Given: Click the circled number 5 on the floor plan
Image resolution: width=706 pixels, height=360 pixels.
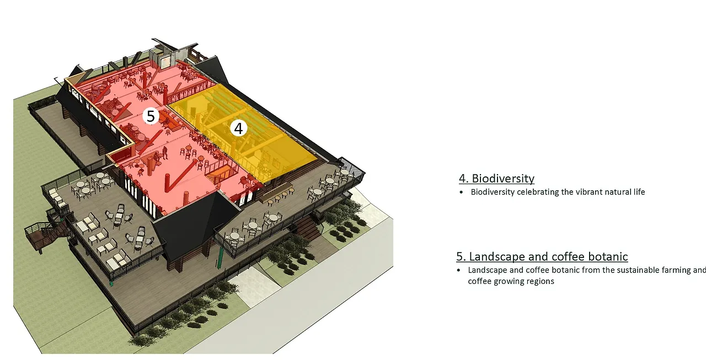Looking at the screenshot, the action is tap(151, 116).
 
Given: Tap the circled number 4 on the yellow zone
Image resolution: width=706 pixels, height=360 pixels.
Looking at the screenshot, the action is tap(238, 128).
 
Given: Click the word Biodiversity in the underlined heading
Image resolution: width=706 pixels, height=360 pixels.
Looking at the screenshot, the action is tap(502, 179).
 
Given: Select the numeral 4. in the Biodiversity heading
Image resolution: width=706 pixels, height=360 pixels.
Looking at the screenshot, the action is tap(463, 179).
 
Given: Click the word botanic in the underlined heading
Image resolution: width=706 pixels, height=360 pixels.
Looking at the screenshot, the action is tap(607, 257).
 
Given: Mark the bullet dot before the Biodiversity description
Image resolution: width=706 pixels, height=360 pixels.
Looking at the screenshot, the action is tap(461, 192).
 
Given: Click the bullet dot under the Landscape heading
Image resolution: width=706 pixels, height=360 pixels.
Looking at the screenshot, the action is tap(458, 271).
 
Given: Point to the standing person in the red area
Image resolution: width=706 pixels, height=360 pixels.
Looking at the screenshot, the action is tap(164, 152).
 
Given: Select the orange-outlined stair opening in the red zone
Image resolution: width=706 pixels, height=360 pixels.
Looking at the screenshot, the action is tap(221, 168).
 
